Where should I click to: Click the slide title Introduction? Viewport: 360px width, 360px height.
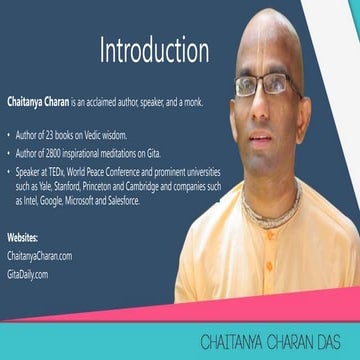point(155,51)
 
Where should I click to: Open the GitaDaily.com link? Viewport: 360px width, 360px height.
point(27,272)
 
